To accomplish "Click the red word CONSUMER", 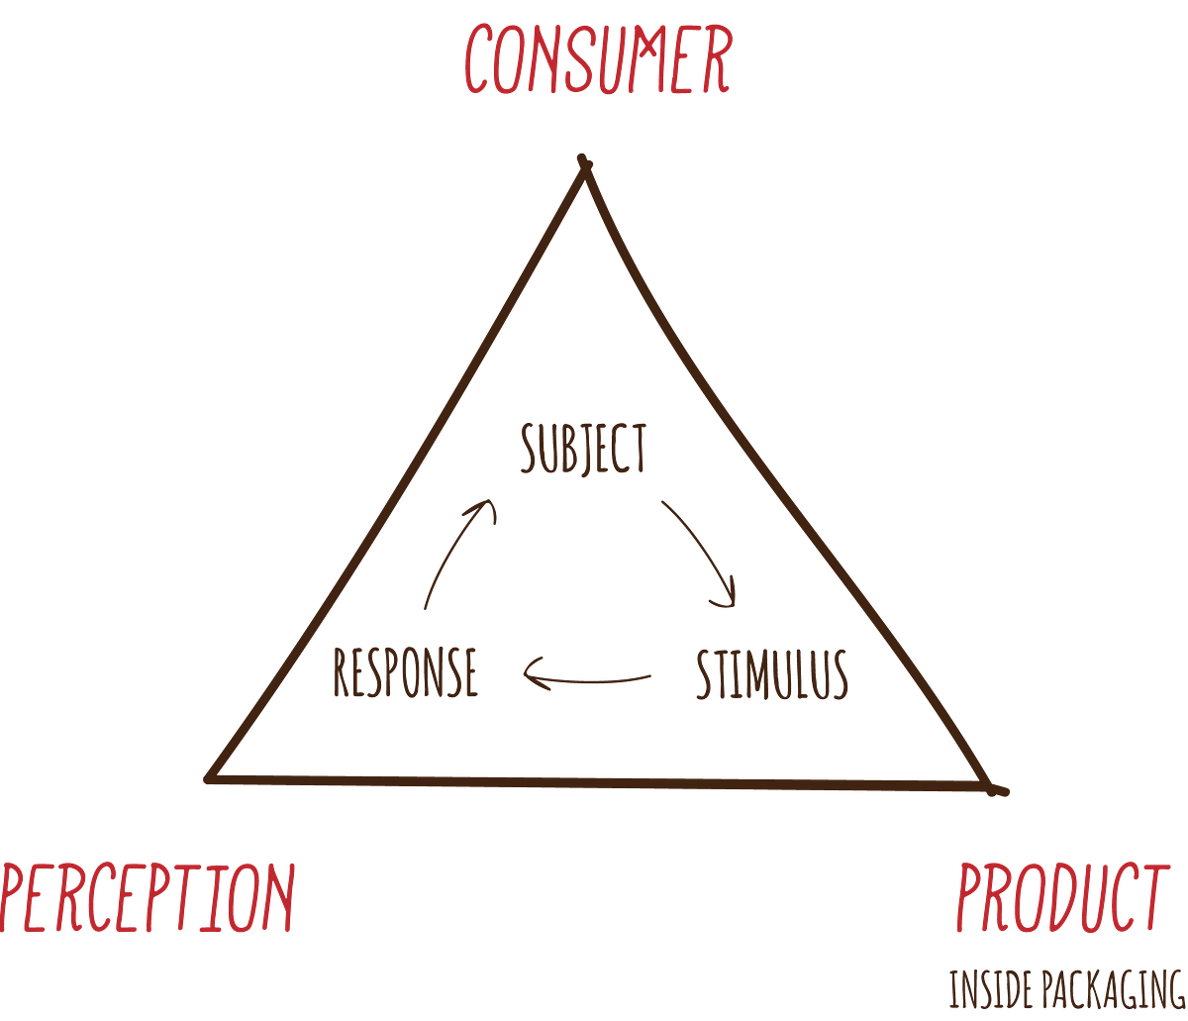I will click(x=597, y=61).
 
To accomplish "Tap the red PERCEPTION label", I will click(x=148, y=899).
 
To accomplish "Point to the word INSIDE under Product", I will click(x=986, y=990).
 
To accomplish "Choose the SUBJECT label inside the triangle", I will click(x=584, y=449).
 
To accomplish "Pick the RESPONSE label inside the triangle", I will click(x=406, y=673).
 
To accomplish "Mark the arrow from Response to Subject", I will click(x=457, y=555).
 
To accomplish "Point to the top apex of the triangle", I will click(x=585, y=160).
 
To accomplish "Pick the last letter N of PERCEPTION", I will click(x=281, y=899).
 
